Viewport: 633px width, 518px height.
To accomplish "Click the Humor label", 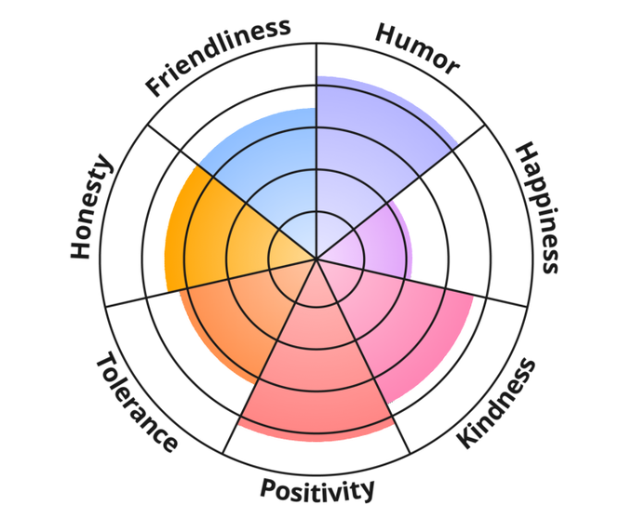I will [417, 49].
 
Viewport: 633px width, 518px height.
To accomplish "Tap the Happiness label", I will [538, 207].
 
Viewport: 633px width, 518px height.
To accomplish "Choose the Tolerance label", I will [136, 401].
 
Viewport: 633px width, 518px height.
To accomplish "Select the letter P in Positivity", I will [267, 490].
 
